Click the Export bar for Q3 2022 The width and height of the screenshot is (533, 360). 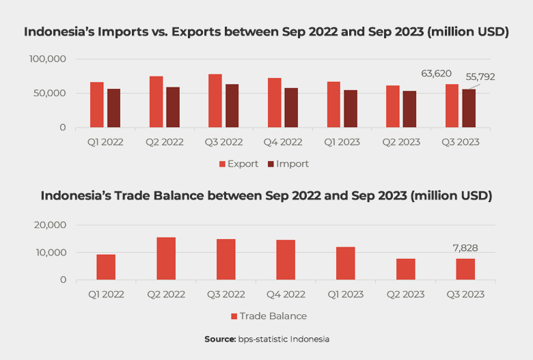(x=215, y=101)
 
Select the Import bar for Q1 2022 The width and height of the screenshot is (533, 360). (x=113, y=108)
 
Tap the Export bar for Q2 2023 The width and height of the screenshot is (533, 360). (x=393, y=107)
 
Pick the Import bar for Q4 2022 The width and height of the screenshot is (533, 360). (x=291, y=108)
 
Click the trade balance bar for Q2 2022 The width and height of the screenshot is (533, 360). (x=165, y=258)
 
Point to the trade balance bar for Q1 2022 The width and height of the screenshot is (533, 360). (x=106, y=267)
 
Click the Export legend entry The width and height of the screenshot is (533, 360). (x=238, y=164)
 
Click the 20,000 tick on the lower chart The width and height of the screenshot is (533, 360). (x=51, y=225)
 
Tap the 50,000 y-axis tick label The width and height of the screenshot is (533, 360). (x=51, y=93)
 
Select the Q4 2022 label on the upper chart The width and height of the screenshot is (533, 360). (x=284, y=142)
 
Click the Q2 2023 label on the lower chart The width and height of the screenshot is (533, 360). (x=405, y=294)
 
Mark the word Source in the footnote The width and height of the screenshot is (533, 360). (x=219, y=340)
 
